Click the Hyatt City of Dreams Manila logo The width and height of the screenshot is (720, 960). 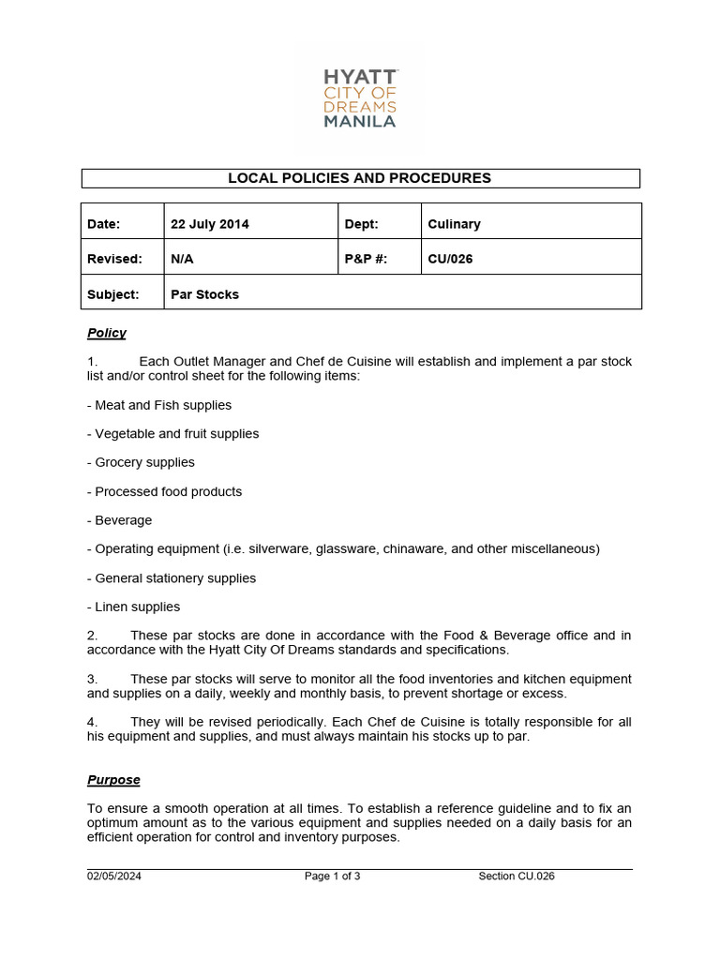[x=361, y=97]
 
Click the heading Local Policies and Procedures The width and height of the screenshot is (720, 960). [x=360, y=178]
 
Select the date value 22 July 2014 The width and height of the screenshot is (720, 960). [x=210, y=224]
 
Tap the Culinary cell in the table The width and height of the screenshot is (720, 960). [x=454, y=224]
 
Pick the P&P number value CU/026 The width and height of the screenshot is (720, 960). [x=450, y=259]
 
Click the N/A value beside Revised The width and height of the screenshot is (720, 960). [x=182, y=259]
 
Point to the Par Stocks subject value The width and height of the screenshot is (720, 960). [x=204, y=294]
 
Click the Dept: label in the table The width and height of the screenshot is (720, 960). [x=361, y=224]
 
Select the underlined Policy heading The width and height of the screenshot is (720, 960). [x=107, y=333]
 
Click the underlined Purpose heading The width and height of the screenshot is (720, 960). [x=113, y=780]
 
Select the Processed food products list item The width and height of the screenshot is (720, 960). [x=164, y=491]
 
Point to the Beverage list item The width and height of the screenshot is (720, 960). [x=120, y=520]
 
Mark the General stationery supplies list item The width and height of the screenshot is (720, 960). [x=172, y=578]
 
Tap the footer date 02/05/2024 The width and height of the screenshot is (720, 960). [x=114, y=877]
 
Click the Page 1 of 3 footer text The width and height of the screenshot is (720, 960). [x=333, y=877]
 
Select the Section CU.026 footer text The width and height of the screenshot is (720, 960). [x=517, y=877]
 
